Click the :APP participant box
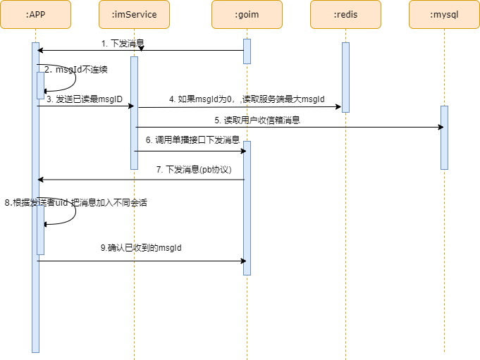click(x=35, y=14)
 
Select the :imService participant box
click(x=134, y=14)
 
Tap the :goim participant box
click(x=247, y=14)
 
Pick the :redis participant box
click(x=345, y=14)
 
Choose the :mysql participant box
click(x=444, y=14)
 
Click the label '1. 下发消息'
click(x=123, y=44)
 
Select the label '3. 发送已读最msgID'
click(x=85, y=99)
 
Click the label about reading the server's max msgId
click(x=247, y=99)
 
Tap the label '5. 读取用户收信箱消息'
click(x=257, y=120)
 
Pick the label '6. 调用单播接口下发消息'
click(x=192, y=140)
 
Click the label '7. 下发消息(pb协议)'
click(x=194, y=170)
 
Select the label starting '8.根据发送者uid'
click(x=76, y=202)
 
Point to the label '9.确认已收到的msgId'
click(x=145, y=248)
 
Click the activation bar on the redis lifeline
click(x=345, y=77)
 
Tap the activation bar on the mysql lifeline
click(x=444, y=137)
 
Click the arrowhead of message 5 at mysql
click(x=441, y=127)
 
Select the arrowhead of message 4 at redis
click(x=338, y=107)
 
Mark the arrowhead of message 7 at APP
click(x=41, y=180)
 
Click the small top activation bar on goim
click(x=247, y=51)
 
